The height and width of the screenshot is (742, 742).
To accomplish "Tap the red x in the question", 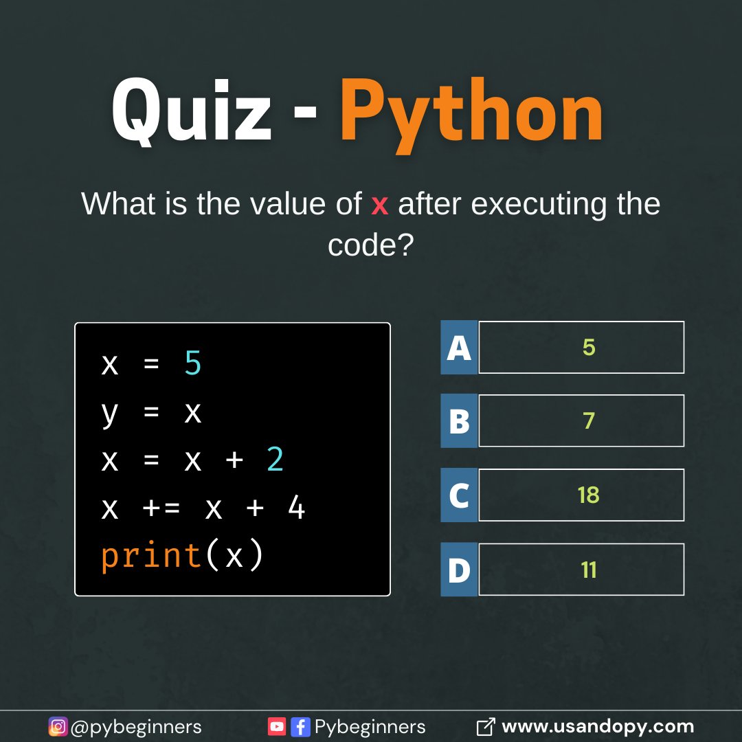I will pos(379,205).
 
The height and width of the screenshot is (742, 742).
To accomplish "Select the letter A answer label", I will pos(459,348).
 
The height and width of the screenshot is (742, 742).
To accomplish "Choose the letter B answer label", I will pos(459,421).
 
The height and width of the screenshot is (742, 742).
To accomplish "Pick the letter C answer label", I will pos(459,495).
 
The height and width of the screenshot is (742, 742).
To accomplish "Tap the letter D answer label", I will pos(459,570).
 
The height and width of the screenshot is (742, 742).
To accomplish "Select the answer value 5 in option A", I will pos(589,348).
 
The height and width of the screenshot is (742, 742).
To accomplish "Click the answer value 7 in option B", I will pos(589,421).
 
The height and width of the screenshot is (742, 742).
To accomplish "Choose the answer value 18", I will pos(589,495).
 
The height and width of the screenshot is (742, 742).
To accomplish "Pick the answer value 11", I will pos(589,570).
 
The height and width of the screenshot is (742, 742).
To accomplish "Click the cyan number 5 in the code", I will pos(193,364).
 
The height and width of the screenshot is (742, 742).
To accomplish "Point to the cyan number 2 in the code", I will pos(275,460).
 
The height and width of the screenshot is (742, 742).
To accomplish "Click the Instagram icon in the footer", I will pos(58,726).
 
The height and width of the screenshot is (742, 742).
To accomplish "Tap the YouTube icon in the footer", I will pos(277,726).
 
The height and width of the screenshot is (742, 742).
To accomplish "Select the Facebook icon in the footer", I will pos(300,726).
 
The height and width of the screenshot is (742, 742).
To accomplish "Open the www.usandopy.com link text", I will pos(598,726).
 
